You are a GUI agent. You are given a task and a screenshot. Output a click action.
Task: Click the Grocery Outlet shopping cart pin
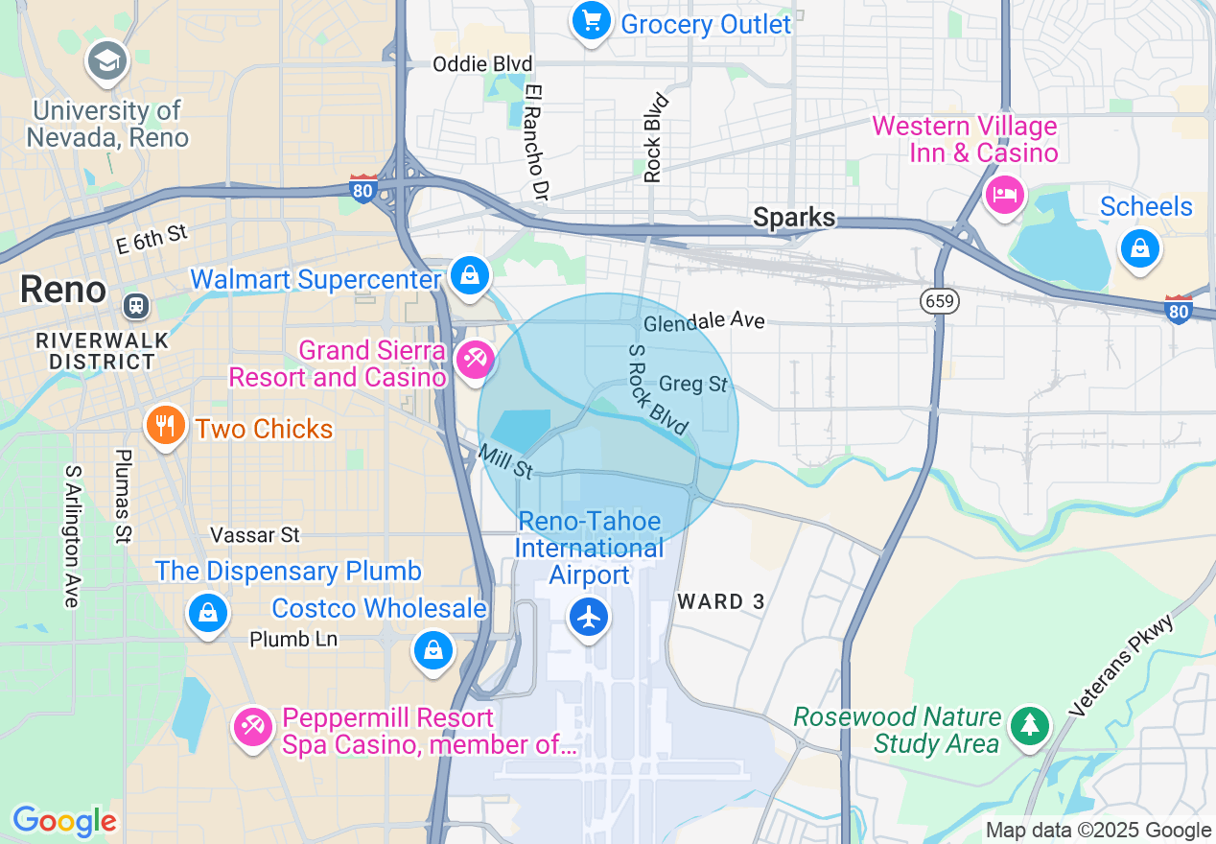[x=592, y=21]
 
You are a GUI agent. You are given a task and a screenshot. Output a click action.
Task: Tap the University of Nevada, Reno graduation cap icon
[x=107, y=61]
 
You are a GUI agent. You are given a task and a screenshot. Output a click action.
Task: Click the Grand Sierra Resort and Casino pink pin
[x=474, y=360]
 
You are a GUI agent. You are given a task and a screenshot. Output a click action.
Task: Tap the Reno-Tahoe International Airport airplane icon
[x=589, y=617]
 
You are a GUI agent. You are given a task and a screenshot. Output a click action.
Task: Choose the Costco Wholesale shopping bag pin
[x=433, y=650]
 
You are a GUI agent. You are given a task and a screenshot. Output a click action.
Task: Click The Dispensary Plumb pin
[x=208, y=612]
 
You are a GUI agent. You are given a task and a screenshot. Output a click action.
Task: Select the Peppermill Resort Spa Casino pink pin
[x=253, y=727]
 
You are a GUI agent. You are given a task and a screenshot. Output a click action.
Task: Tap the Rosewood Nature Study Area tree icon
[x=1030, y=725]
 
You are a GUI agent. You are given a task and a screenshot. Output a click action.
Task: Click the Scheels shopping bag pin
[x=1139, y=248]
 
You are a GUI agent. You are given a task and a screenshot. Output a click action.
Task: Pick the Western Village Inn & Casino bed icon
[x=1004, y=196]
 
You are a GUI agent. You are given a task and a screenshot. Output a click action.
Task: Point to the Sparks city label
[x=794, y=218]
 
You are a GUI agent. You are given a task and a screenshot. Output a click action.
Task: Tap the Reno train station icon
[x=136, y=306]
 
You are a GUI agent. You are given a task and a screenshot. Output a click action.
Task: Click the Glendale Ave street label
[x=704, y=321]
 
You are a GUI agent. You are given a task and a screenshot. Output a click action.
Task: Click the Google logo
[x=64, y=821]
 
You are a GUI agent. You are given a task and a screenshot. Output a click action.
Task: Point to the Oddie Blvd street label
[x=482, y=64]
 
